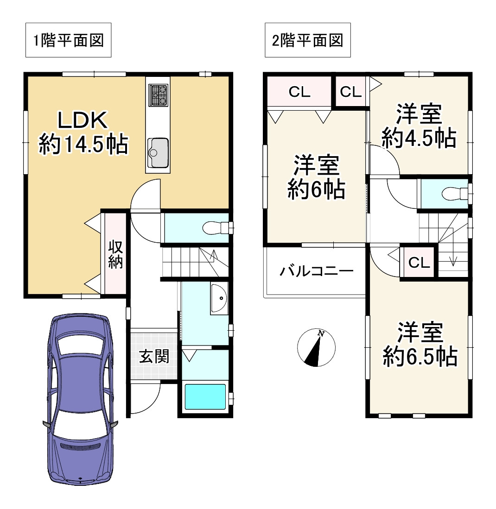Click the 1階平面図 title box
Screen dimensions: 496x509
click(68, 40)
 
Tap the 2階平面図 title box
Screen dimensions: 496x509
click(308, 40)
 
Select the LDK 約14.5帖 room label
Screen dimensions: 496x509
click(83, 132)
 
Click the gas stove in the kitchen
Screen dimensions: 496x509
click(159, 95)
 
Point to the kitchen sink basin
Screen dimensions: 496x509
click(158, 152)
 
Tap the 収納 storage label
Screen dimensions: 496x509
click(115, 254)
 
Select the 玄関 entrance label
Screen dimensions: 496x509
click(154, 357)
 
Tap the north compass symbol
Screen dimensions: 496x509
click(316, 348)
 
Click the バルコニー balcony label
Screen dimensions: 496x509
click(317, 271)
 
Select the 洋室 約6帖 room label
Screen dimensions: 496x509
click(317, 177)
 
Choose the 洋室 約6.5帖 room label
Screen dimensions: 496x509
click(420, 345)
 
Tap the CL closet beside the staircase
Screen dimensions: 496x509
click(419, 263)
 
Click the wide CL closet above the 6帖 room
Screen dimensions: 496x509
click(299, 92)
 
